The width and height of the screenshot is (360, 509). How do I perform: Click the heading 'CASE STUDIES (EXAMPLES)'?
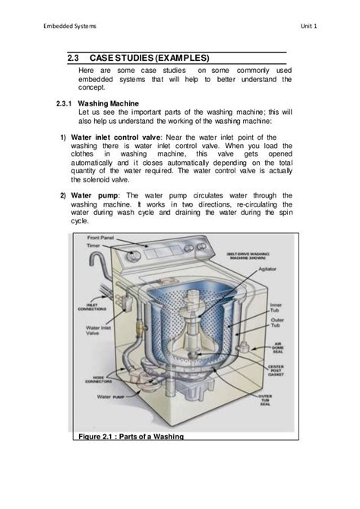click(x=149, y=58)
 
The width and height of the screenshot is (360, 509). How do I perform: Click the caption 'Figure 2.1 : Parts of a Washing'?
click(x=130, y=436)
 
